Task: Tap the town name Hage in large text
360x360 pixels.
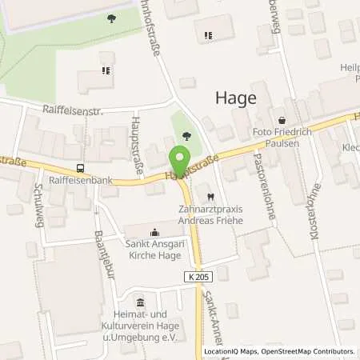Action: pos(236,98)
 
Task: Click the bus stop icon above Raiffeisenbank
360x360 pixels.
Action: pos(79,168)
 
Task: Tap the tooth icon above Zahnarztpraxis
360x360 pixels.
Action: pos(210,196)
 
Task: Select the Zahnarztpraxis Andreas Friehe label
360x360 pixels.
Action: pos(210,214)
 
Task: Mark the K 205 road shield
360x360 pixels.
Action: pos(203,276)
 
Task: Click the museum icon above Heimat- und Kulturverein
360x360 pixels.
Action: pos(142,302)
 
